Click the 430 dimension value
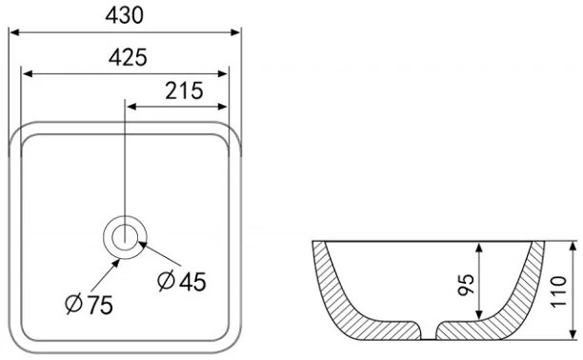pyautogui.click(x=124, y=15)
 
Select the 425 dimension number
pyautogui.click(x=128, y=58)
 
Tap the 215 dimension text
pyautogui.click(x=185, y=91)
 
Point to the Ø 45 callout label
pyautogui.click(x=181, y=282)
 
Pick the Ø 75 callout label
pyautogui.click(x=89, y=305)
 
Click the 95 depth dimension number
pyautogui.click(x=466, y=285)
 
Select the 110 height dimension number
pyautogui.click(x=559, y=291)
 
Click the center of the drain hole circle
pyautogui.click(x=125, y=237)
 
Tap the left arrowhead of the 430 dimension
pyautogui.click(x=14, y=32)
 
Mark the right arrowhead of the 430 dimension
pyautogui.click(x=235, y=32)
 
